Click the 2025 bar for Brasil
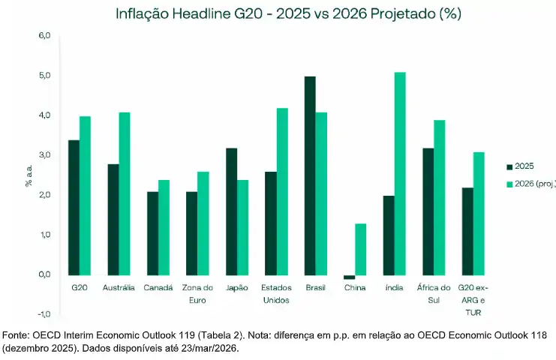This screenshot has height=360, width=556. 310,175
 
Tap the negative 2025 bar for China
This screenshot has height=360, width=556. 349,277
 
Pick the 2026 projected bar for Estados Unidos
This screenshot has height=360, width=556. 282,191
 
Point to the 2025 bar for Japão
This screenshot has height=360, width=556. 231,211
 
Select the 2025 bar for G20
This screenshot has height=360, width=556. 74,207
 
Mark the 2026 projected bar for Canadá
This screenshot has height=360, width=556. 164,226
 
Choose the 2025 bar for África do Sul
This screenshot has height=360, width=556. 428,211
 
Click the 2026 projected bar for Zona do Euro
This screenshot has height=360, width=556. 203,223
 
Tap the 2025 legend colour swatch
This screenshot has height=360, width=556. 510,166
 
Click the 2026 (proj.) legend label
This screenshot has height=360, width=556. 536,184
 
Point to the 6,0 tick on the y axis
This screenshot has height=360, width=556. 44,36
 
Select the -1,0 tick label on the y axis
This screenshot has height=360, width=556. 44,313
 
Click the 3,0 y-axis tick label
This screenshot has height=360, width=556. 44,155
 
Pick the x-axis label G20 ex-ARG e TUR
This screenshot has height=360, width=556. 473,299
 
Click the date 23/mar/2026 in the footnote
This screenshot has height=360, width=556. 197,348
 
